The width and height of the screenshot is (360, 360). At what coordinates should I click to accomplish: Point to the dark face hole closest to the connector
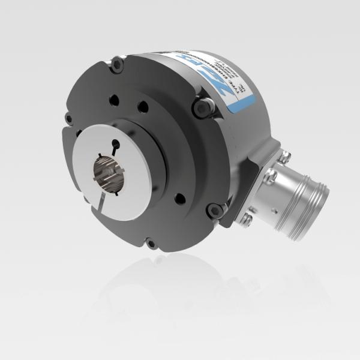click(179, 199)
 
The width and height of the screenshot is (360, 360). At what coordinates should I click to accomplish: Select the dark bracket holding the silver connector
click(258, 180)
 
